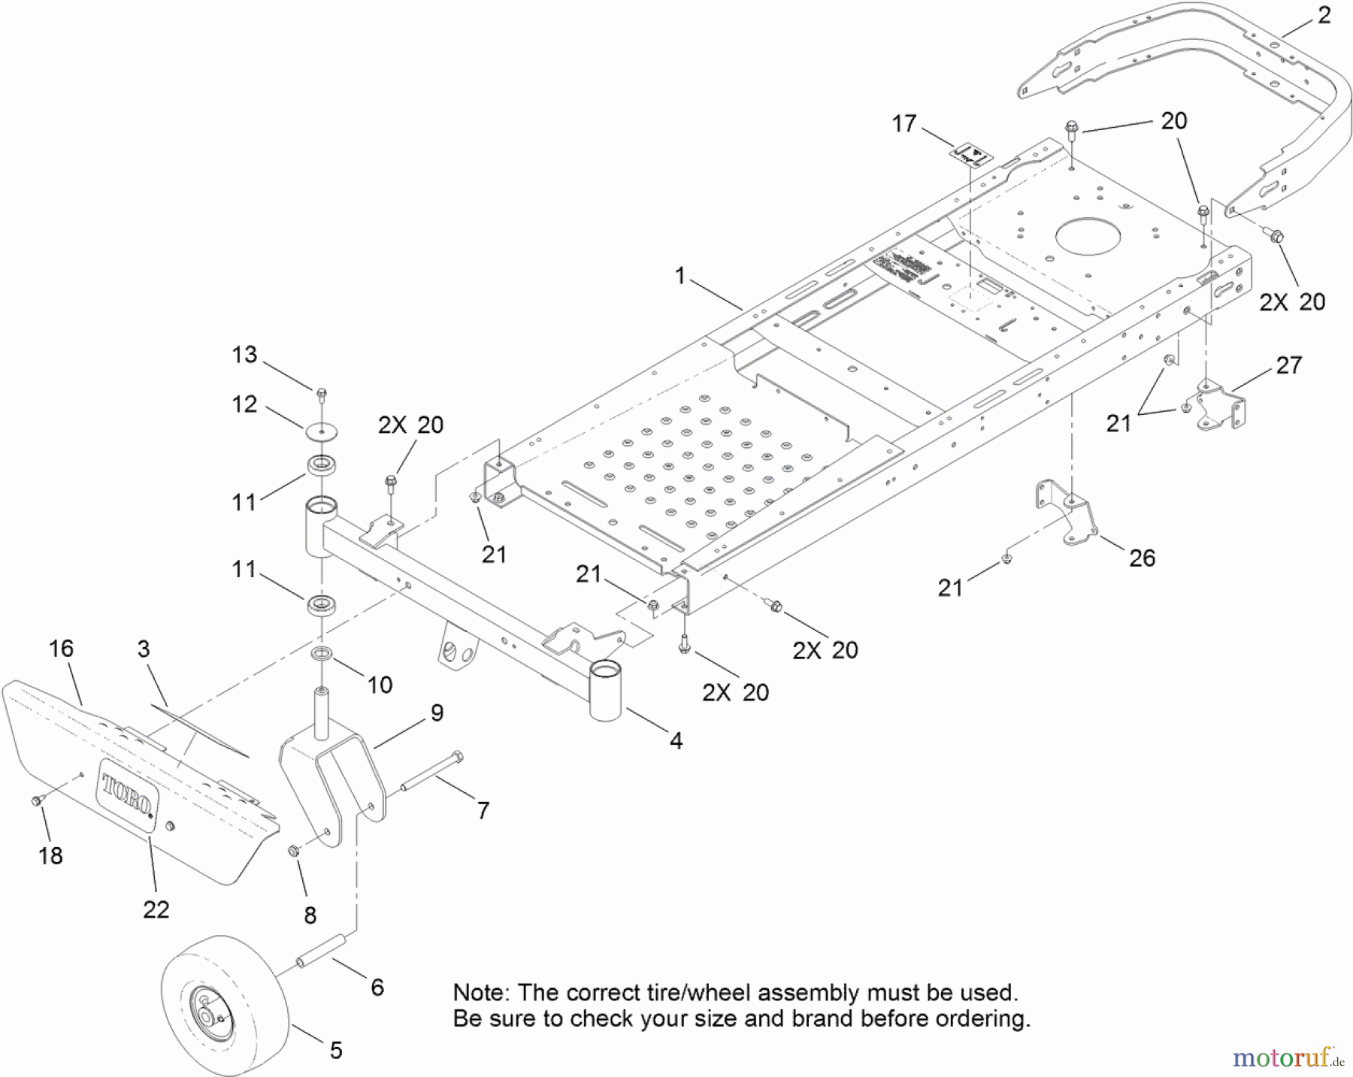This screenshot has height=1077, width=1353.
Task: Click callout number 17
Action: click(x=904, y=123)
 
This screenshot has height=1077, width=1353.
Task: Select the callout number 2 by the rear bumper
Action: click(x=1324, y=15)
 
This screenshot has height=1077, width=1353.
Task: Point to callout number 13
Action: click(x=244, y=355)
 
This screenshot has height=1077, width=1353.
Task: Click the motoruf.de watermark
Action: click(x=1287, y=1058)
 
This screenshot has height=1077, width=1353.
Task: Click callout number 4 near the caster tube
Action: click(x=676, y=741)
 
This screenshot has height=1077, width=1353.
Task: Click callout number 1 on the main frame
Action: click(x=680, y=276)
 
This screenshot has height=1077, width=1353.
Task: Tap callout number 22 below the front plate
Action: click(x=156, y=909)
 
